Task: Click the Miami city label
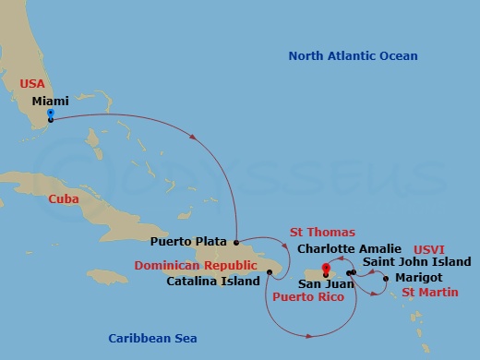[50, 100]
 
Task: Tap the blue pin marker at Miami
[50, 115]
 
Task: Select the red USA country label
[32, 83]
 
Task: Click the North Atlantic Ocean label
[353, 56]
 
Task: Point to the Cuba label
[63, 198]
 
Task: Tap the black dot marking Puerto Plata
[236, 243]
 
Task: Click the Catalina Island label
[212, 281]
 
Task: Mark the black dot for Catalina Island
[269, 271]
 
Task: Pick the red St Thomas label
[322, 232]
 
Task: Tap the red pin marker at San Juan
[326, 270]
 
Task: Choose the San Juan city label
[326, 284]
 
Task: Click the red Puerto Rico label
[307, 297]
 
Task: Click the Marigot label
[418, 277]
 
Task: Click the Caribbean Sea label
[152, 338]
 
